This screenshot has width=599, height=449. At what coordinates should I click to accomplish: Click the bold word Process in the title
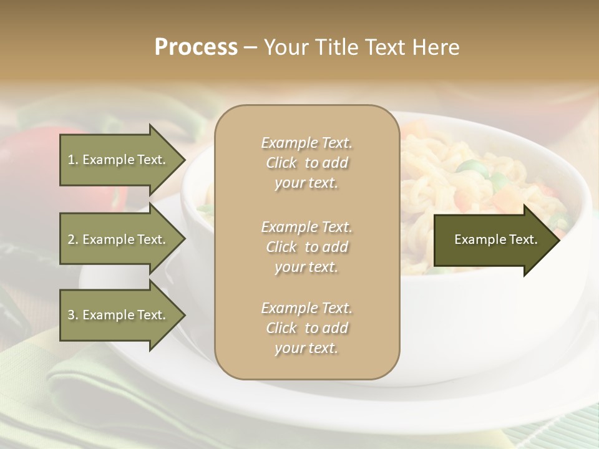(x=196, y=47)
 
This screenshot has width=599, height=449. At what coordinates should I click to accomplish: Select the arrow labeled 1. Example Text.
(x=119, y=160)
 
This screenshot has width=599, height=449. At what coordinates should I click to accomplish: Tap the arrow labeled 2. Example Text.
(x=119, y=239)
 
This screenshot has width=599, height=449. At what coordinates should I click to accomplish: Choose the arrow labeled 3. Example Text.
(x=119, y=315)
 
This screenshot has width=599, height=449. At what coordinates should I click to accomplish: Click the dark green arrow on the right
(x=493, y=239)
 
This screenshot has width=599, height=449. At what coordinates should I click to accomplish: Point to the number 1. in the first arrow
(x=73, y=160)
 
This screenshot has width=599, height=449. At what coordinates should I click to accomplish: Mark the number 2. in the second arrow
(x=73, y=239)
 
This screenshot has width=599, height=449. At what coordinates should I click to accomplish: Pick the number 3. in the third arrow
(x=73, y=315)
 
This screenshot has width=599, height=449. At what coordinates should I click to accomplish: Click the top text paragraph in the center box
(x=306, y=163)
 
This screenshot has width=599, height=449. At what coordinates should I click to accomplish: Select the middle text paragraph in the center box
(x=306, y=247)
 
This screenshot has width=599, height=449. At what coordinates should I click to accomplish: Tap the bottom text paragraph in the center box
(x=306, y=328)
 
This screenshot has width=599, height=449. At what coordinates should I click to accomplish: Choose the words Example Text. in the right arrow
(x=495, y=239)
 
